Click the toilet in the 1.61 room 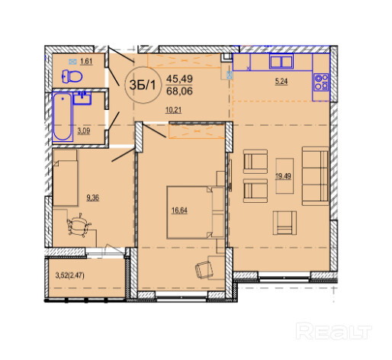click(x=72, y=76)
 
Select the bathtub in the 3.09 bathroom click(x=63, y=117)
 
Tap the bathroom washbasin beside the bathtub click(x=82, y=98)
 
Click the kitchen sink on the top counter click(x=281, y=61)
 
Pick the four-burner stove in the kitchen click(x=321, y=82)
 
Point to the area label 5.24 click(x=281, y=82)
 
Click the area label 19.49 click(x=283, y=176)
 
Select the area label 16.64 click(x=179, y=211)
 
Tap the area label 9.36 click(x=92, y=198)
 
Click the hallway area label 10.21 click(x=173, y=111)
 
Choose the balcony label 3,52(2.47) click(x=70, y=275)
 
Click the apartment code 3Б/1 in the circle click(x=143, y=85)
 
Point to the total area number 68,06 click(x=179, y=91)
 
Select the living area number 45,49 click(x=179, y=79)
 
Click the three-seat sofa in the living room click(x=315, y=176)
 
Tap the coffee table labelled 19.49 click(x=284, y=176)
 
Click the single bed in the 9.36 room click(x=65, y=178)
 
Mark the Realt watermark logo click(x=334, y=331)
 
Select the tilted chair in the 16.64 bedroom click(x=204, y=270)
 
